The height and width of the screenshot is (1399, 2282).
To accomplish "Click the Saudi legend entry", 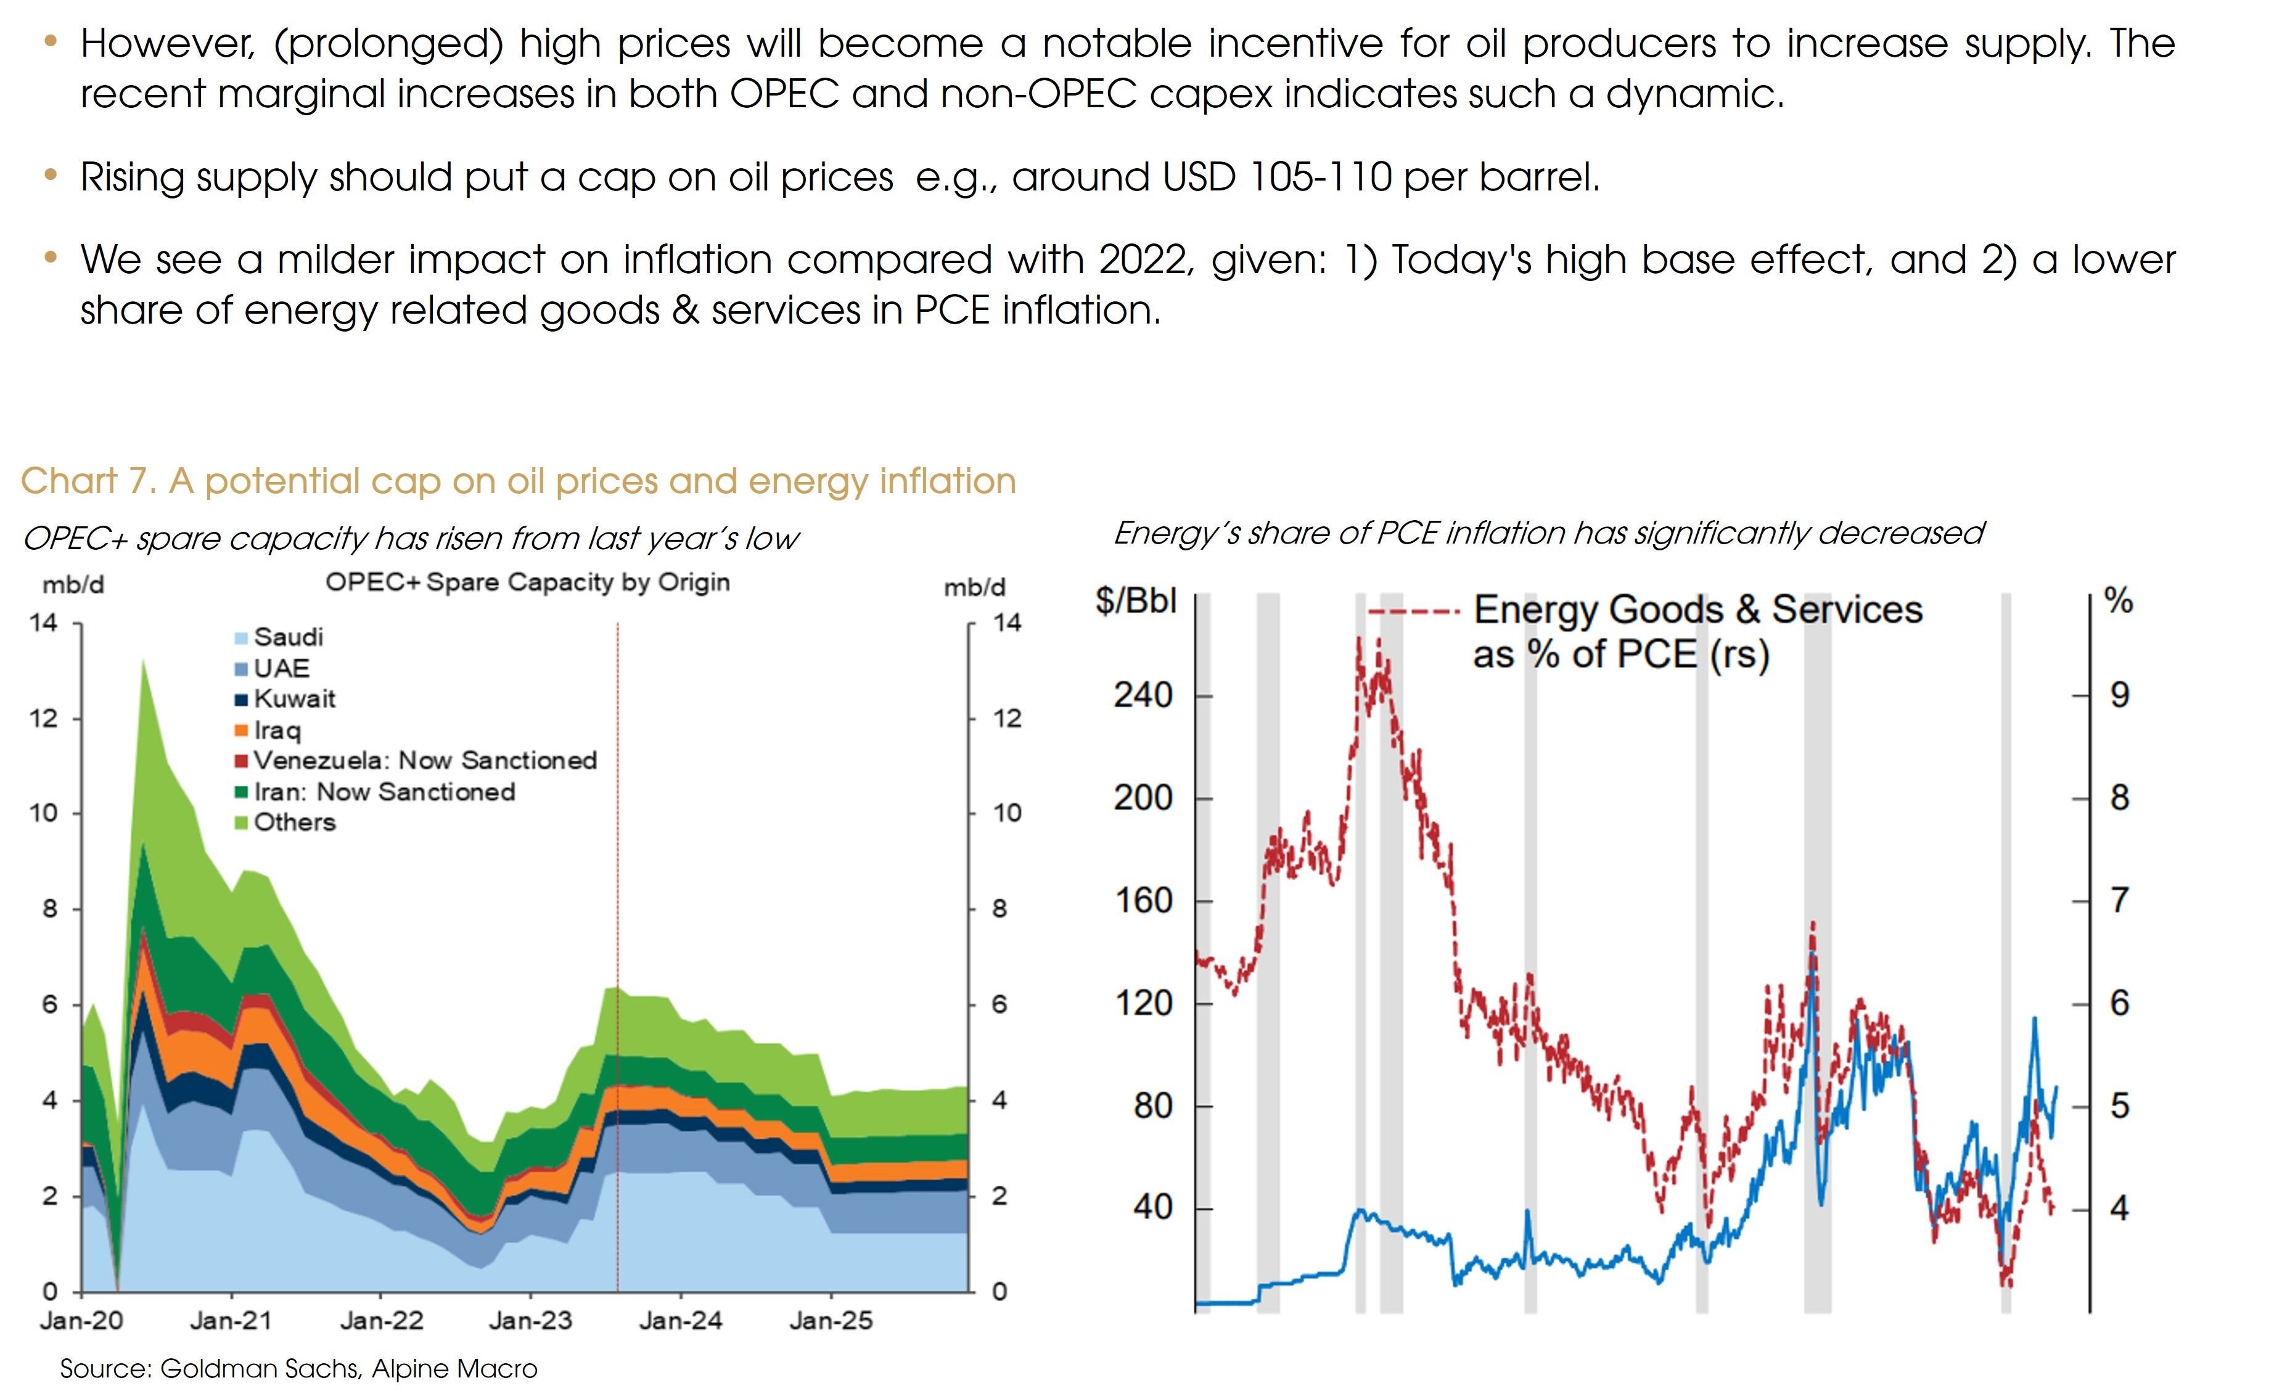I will [x=287, y=637].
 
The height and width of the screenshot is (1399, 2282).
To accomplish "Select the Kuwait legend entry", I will [x=293, y=699].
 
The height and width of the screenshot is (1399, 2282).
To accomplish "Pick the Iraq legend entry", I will [x=277, y=730].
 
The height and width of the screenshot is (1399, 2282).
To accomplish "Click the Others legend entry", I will [x=293, y=822].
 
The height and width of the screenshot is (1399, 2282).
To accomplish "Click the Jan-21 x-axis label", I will [x=231, y=1320].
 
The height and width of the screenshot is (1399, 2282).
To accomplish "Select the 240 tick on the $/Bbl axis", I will [x=1143, y=695].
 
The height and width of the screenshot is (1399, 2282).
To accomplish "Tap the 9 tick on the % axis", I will [x=2119, y=695].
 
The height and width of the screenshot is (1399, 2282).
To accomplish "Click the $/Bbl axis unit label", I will [x=1135, y=601].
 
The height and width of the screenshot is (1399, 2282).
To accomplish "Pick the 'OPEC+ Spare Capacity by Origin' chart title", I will [x=527, y=582].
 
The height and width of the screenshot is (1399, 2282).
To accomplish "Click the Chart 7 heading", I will [x=518, y=481].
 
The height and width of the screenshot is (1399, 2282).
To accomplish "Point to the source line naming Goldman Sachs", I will [x=298, y=1368].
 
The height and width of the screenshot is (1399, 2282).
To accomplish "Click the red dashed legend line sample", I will [x=1413, y=612].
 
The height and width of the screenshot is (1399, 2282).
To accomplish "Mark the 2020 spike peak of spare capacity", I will [x=144, y=659].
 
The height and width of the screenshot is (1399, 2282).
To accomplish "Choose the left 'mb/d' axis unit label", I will [x=73, y=585].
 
